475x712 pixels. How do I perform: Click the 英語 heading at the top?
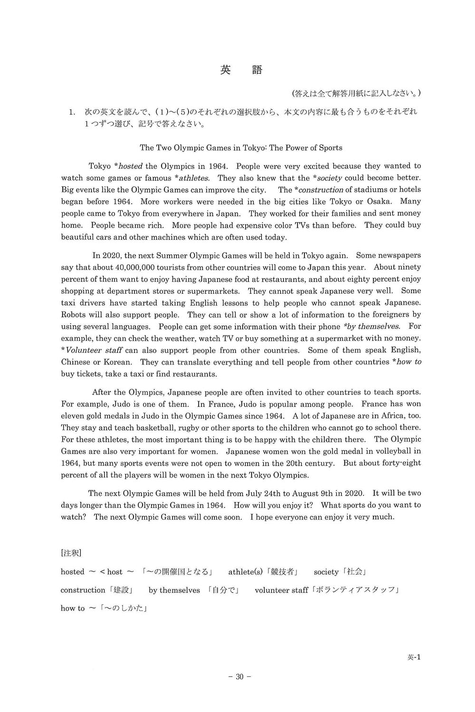click(241, 70)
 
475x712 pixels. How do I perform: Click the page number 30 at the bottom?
click(239, 677)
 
